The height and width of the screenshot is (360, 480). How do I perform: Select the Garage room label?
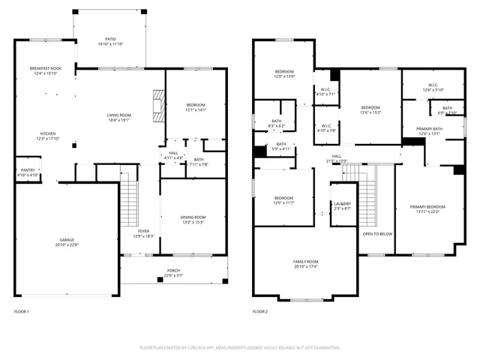(67, 241)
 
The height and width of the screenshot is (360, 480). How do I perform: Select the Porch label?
(173, 272)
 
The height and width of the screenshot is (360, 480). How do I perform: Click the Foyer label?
(144, 233)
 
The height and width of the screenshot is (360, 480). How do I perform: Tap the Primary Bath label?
(430, 132)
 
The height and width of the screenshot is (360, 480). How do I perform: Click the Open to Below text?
(377, 233)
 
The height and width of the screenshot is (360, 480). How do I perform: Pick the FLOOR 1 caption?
(22, 311)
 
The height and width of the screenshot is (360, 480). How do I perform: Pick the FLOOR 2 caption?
(260, 311)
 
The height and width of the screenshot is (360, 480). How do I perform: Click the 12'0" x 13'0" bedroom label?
(283, 74)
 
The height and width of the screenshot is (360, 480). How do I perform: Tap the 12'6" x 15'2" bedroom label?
(370, 110)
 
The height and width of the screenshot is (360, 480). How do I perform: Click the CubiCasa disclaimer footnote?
(240, 347)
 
